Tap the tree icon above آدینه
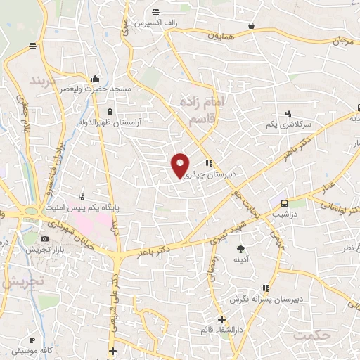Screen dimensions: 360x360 tap(240, 248)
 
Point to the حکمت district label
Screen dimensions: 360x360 tap(312, 335)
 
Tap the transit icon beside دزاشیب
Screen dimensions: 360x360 tap(283, 202)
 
